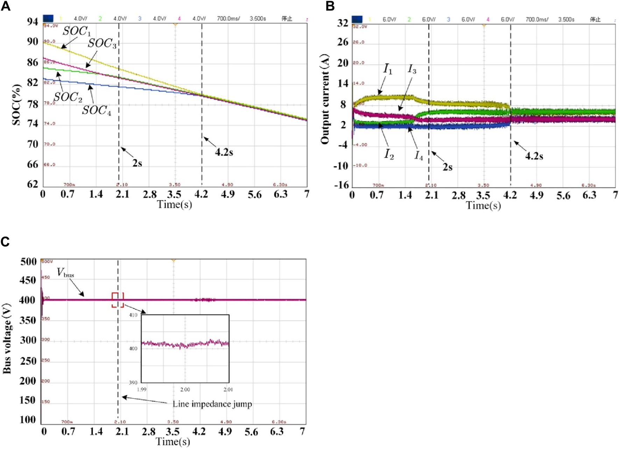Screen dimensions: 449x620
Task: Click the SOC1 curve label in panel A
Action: click(76, 31)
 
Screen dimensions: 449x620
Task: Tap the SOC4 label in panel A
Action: click(97, 111)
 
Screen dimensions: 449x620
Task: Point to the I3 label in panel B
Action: click(412, 70)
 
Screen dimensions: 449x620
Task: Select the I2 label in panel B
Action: click(389, 154)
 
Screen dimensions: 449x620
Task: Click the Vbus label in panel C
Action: click(65, 273)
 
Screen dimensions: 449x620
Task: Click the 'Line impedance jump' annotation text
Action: click(212, 404)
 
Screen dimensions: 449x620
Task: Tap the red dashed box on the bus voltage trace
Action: click(118, 300)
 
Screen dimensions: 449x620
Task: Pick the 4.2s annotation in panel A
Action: click(224, 152)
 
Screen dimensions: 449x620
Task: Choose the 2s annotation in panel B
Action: click(448, 167)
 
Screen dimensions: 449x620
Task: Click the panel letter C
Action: click(5, 242)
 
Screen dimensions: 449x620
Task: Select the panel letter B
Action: click(330, 6)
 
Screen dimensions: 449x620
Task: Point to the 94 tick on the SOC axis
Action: click(33, 22)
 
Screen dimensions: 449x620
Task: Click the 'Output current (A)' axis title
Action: click(325, 99)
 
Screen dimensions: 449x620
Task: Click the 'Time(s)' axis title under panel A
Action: click(174, 204)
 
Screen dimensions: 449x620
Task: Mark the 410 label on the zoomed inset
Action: click(133, 315)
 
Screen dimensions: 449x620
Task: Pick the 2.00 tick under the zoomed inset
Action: click(185, 390)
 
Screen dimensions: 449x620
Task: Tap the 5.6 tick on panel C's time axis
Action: click(251, 432)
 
